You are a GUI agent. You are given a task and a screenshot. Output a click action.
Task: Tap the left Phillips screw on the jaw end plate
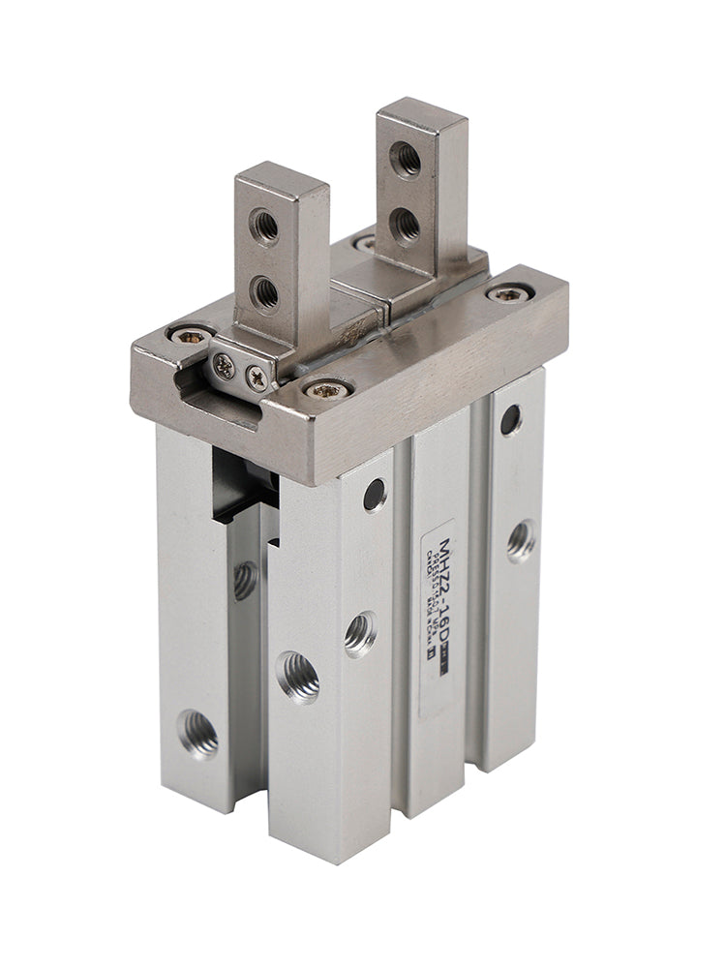(x=225, y=365)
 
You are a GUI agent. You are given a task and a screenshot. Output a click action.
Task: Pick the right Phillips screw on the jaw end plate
(x=257, y=378)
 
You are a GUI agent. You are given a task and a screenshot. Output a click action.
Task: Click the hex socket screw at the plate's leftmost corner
(x=190, y=335)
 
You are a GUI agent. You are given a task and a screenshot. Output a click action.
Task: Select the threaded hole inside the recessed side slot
(x=245, y=580)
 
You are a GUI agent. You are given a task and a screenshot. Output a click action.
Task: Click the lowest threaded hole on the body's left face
(x=197, y=734)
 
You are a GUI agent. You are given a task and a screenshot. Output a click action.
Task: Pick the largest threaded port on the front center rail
(x=297, y=671)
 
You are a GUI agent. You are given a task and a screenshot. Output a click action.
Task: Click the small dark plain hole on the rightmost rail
(x=510, y=418)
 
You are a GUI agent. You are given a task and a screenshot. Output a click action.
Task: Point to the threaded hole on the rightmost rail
(x=522, y=539)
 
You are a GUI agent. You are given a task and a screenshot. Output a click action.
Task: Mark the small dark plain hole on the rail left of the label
(x=374, y=495)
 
